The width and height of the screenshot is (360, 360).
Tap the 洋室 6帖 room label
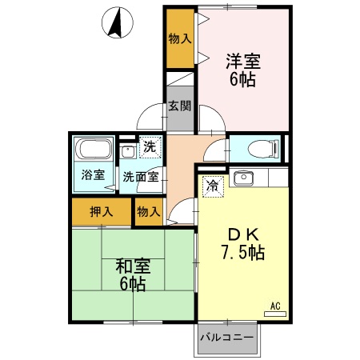242,70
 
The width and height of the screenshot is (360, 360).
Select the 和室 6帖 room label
130,274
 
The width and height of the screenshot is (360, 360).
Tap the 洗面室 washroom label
139,176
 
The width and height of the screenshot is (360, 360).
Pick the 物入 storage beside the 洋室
180,38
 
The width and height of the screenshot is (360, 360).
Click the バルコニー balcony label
227,338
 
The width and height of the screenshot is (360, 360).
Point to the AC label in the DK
274,305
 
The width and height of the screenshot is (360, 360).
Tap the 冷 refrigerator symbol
213,185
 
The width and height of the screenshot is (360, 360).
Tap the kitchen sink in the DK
243,177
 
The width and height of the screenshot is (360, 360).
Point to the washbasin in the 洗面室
127,150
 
